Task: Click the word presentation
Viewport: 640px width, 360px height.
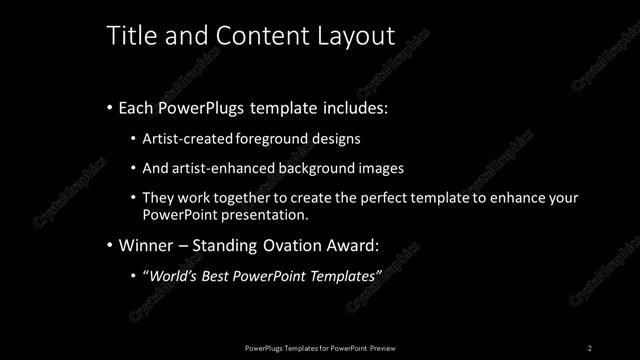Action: pyautogui.click(x=262, y=214)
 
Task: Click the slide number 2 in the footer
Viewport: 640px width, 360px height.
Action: pyautogui.click(x=590, y=348)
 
